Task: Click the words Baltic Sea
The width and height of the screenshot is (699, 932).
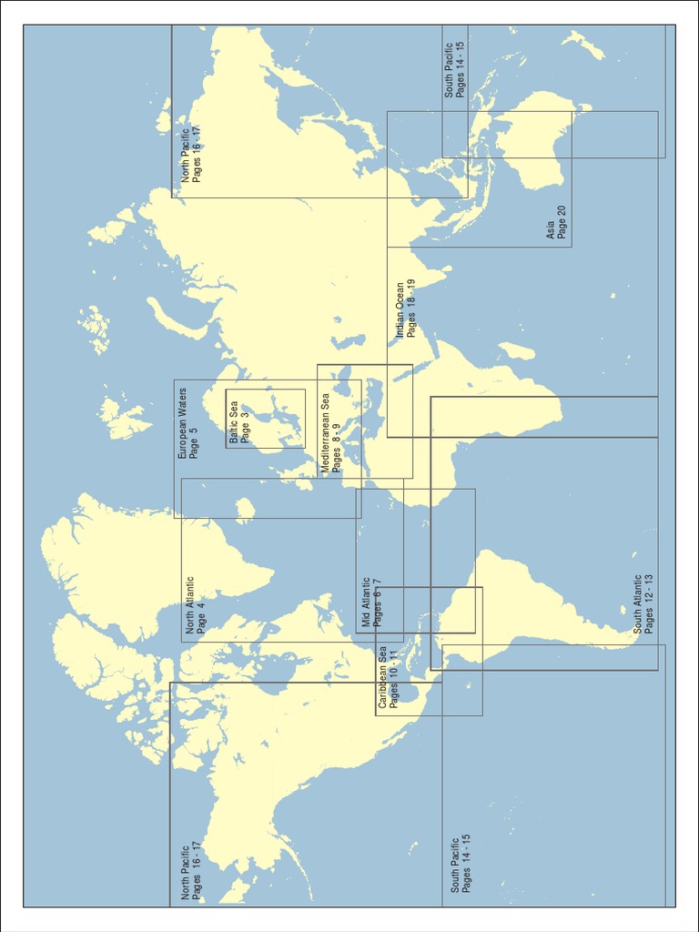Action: pos(234,422)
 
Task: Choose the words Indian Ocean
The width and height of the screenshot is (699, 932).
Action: pos(400,310)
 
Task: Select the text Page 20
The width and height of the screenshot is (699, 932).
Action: pos(562,223)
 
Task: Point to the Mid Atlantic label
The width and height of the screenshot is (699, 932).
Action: pos(366,603)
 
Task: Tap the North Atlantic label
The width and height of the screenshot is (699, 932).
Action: pos(190,604)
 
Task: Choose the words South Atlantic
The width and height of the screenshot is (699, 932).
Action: pos(638,603)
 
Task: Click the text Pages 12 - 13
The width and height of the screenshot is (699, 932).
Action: pos(649,603)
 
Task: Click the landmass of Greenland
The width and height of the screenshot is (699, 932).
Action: pos(137,564)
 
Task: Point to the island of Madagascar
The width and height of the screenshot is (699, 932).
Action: pos(517,350)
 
